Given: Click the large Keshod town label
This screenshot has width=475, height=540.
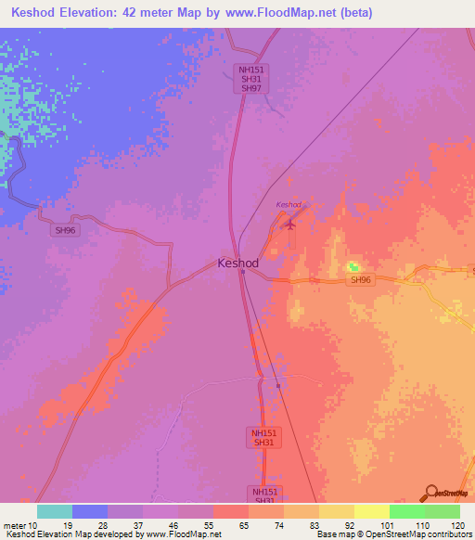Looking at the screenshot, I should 237,263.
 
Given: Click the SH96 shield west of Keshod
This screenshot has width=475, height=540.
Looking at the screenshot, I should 65,229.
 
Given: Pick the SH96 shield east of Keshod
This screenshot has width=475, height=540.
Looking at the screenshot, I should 361,280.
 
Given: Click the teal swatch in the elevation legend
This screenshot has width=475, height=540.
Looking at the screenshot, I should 55,511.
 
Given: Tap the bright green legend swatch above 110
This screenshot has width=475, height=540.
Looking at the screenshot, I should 406,511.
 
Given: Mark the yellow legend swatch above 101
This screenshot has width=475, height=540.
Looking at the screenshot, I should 371,511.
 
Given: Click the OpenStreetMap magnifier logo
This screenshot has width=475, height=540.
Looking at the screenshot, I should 429,493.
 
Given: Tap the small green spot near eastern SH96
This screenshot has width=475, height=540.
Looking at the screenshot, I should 353,268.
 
